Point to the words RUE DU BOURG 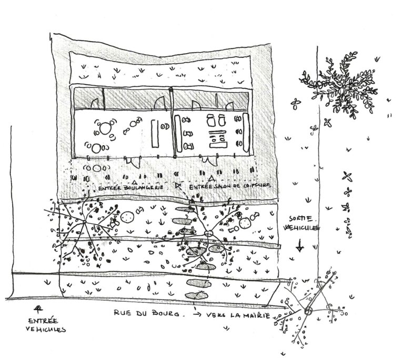click(143, 314)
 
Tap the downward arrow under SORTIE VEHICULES click(299, 245)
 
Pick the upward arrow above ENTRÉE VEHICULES click(37, 308)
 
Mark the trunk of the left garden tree click(84, 225)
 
